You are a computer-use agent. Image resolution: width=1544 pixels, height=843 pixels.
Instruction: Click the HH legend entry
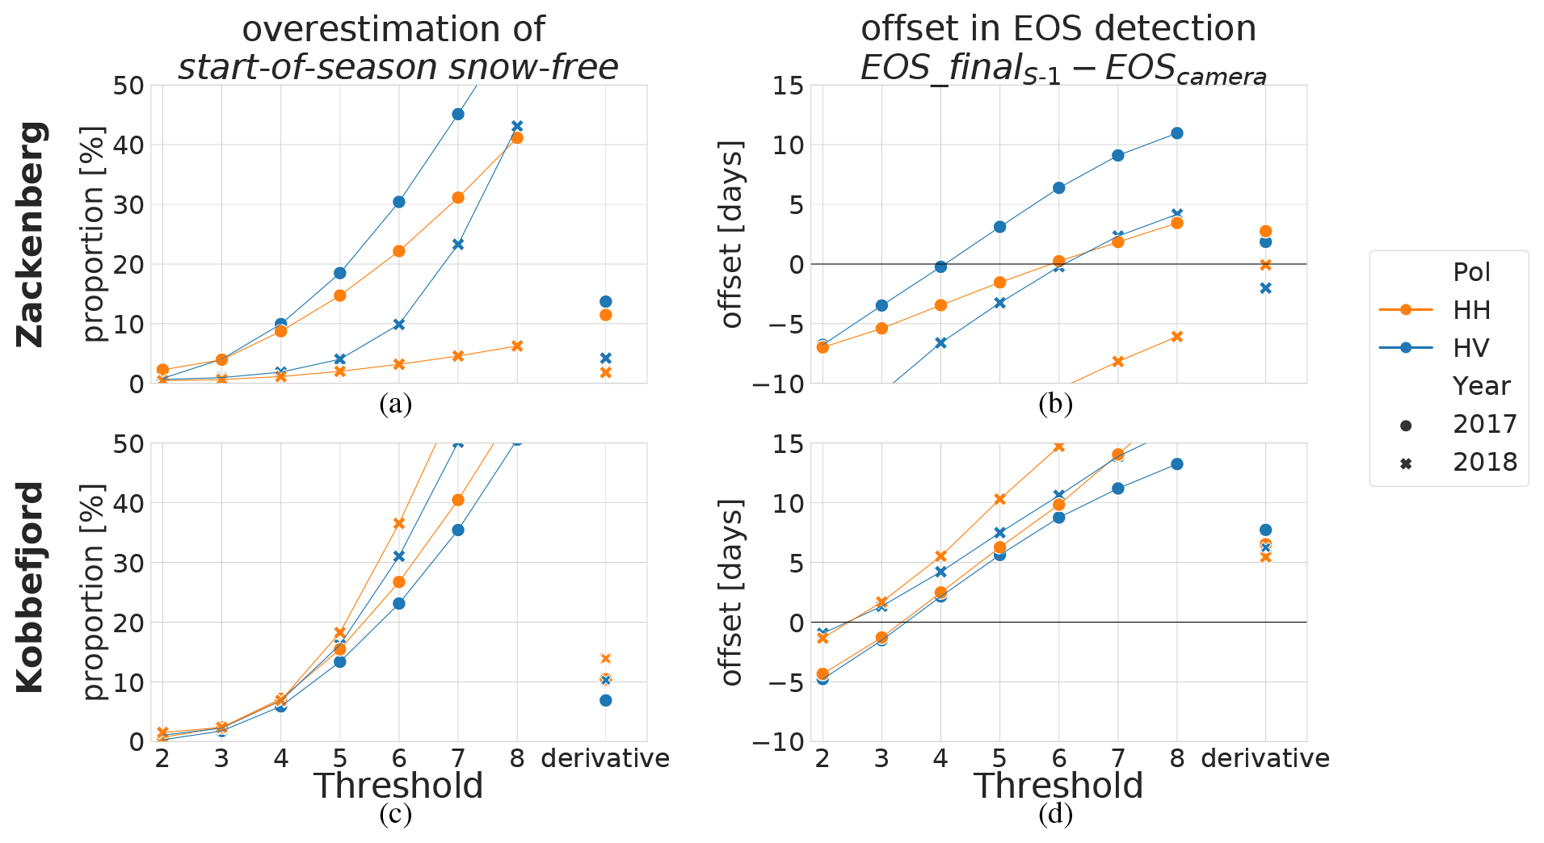[1470, 310]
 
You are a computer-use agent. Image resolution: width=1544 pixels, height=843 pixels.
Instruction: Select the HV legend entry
[1470, 348]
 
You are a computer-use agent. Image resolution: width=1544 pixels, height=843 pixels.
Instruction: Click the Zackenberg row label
[32, 234]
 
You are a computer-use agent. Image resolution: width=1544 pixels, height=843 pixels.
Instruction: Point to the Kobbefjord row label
[32, 587]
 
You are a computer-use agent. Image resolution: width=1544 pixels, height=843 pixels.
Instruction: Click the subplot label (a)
[396, 404]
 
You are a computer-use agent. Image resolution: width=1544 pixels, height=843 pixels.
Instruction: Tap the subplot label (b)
[1056, 404]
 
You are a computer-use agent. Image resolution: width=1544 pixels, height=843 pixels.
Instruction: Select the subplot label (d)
[1056, 815]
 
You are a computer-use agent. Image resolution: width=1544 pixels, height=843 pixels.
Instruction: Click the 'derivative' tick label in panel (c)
[605, 759]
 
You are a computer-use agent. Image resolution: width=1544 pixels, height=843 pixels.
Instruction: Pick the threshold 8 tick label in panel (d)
[1177, 759]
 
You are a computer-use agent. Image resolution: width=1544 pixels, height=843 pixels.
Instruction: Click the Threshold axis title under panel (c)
[398, 786]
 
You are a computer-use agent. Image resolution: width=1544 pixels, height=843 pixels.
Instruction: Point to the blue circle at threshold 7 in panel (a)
[458, 114]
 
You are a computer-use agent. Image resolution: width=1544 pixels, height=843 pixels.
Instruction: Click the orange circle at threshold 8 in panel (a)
[517, 138]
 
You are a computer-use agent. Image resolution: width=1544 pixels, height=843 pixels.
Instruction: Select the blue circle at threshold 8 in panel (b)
[1177, 133]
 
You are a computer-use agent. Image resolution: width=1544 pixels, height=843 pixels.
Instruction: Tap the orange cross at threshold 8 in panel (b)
[1177, 337]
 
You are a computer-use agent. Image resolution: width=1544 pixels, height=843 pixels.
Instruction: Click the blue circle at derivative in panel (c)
[606, 700]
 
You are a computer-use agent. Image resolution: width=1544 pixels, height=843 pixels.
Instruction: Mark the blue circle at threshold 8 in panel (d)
[1177, 464]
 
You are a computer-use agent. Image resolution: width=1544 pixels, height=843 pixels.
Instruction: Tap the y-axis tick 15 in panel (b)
[788, 86]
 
